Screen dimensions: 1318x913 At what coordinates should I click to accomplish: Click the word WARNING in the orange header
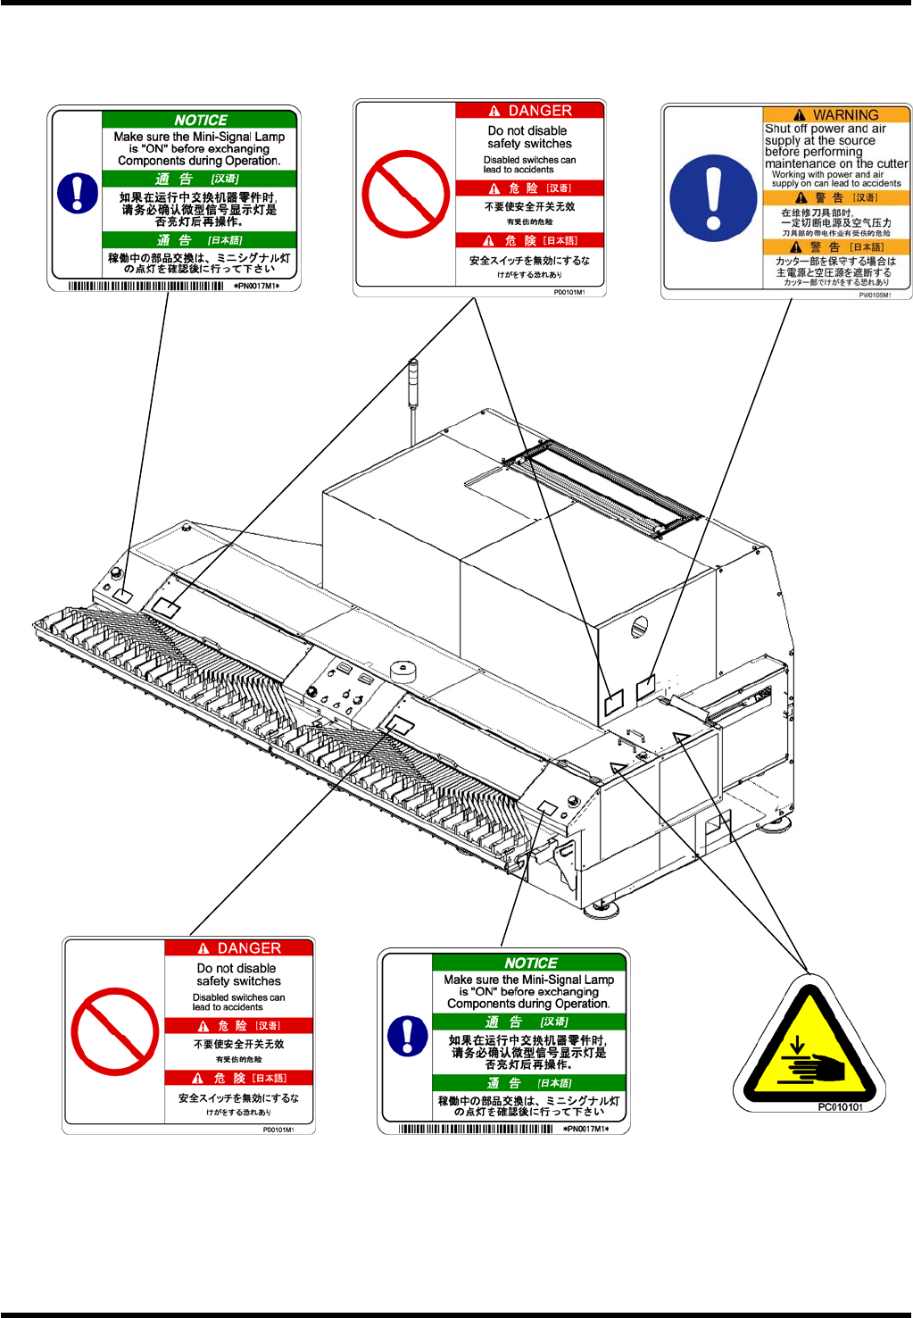pyautogui.click(x=845, y=115)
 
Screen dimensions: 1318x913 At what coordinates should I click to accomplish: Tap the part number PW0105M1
pyautogui.click(x=874, y=295)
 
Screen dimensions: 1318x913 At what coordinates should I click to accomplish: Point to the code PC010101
pyautogui.click(x=840, y=1107)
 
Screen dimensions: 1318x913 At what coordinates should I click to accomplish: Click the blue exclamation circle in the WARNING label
pyautogui.click(x=712, y=198)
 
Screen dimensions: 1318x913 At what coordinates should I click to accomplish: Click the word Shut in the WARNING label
pyautogui.click(x=778, y=129)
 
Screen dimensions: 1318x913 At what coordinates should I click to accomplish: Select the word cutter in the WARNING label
pyautogui.click(x=892, y=163)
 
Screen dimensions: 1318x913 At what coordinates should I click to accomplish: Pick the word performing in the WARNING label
pyautogui.click(x=832, y=152)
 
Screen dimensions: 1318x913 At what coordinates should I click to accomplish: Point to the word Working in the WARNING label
pyautogui.click(x=788, y=174)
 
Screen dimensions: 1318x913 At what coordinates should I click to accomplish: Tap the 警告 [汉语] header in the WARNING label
pyautogui.click(x=836, y=198)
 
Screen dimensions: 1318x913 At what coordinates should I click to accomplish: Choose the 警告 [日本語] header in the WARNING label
pyautogui.click(x=836, y=247)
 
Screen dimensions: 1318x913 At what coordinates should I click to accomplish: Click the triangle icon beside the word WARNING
pyautogui.click(x=799, y=115)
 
